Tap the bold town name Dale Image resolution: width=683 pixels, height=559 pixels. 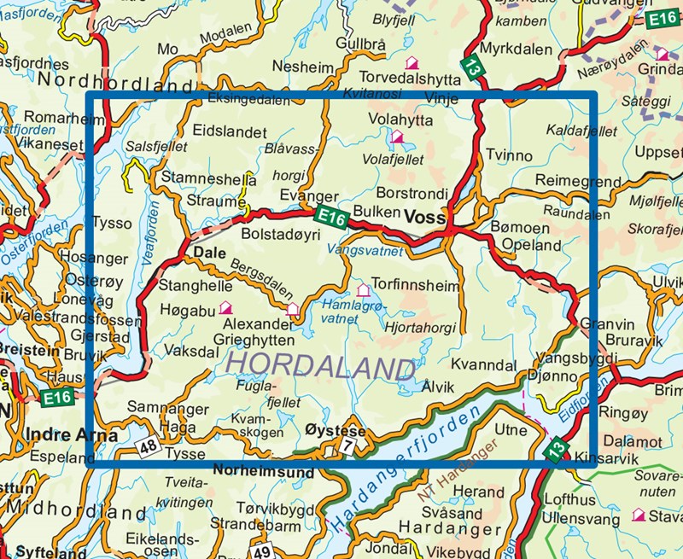click(208, 253)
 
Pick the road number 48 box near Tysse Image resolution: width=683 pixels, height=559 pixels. click(148, 445)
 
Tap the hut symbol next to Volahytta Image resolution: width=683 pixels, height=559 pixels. click(396, 137)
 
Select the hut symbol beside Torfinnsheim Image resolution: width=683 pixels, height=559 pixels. click(365, 289)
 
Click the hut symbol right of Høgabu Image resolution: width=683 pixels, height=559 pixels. click(226, 307)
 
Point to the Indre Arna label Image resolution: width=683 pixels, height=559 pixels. click(59, 434)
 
